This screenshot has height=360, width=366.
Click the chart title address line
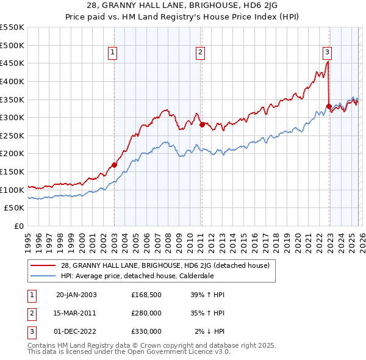coord(182,6)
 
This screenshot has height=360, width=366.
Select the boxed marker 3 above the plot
coord(327,52)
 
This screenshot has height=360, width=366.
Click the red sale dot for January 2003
coord(114,165)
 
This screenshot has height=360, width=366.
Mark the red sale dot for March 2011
coord(202,124)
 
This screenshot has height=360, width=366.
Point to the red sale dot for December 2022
coord(329,106)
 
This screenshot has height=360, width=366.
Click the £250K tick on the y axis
coord(12,135)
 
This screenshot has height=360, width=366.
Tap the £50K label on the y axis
coord(15,208)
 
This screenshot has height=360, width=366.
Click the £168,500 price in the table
coord(146,294)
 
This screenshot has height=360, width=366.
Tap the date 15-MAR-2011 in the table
coord(76,312)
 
